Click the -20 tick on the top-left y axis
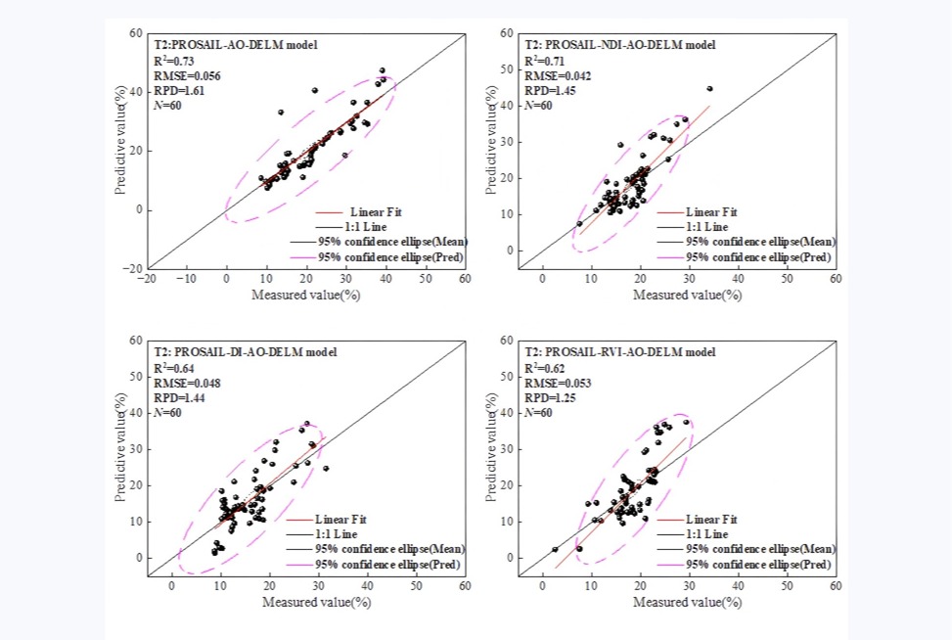pos(135,268)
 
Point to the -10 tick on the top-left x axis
pos(186,279)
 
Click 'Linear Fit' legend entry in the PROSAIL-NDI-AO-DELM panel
pos(710,212)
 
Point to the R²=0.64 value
pos(172,368)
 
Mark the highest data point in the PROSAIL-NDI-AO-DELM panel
pos(709,89)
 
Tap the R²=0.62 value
pos(543,368)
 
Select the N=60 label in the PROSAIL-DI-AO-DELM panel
pos(167,412)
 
